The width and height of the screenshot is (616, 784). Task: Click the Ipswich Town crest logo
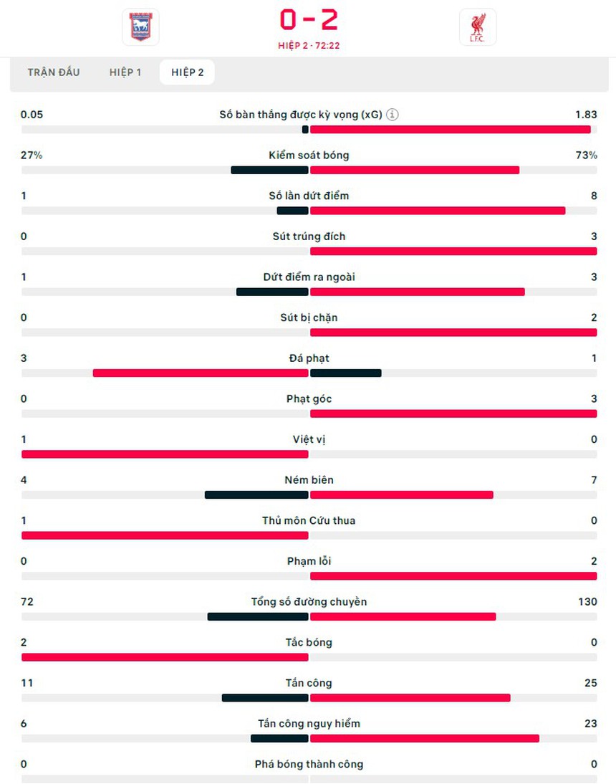140,27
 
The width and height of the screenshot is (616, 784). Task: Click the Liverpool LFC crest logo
477,27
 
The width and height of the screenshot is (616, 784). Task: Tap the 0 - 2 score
309,20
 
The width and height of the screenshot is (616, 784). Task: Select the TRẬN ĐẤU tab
54,72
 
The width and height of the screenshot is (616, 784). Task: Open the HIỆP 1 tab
125,72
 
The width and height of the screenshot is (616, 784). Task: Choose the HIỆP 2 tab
187,72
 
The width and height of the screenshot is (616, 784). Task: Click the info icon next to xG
393,115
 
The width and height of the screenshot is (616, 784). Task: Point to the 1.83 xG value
585,115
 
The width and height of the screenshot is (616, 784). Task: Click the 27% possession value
32,155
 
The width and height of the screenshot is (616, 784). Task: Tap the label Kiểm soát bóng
309,155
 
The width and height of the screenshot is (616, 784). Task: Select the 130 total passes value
587,601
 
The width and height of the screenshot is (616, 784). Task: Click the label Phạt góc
309,398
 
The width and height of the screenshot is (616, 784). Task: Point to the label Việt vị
309,439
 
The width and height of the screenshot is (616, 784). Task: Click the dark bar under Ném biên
256,494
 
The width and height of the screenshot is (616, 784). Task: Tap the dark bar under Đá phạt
345,373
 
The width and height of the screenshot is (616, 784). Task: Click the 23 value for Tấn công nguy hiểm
590,723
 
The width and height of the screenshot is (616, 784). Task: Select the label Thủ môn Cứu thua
309,520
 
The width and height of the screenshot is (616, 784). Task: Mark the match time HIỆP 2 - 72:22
309,45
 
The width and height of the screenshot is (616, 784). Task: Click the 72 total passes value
27,601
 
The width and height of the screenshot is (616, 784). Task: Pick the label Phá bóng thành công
309,764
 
